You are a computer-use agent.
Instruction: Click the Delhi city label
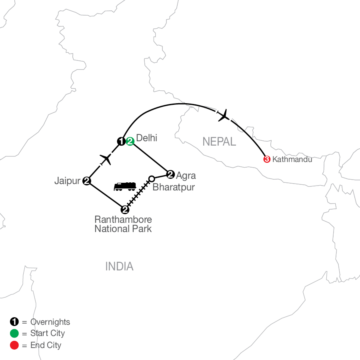click(x=146, y=138)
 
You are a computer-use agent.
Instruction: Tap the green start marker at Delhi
click(x=130, y=141)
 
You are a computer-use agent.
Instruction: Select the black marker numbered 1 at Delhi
click(x=121, y=141)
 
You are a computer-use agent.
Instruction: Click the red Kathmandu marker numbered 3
click(x=267, y=159)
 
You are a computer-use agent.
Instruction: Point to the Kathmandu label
click(x=292, y=159)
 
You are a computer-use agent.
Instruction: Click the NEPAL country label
click(x=219, y=142)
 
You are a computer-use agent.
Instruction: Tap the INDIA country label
click(x=119, y=266)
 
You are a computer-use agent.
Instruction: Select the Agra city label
click(x=186, y=176)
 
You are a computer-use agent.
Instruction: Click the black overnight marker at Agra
click(x=170, y=174)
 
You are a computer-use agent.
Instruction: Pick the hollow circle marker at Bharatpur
click(x=152, y=179)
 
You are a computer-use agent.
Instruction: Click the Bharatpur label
click(x=174, y=187)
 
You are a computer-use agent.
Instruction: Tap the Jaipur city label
click(x=67, y=181)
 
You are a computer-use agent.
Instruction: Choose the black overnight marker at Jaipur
click(x=87, y=181)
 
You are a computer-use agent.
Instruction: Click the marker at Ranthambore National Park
click(x=125, y=209)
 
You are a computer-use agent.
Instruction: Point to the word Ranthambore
click(x=123, y=220)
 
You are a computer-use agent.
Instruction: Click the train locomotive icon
click(x=125, y=186)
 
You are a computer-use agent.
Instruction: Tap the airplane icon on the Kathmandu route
click(x=223, y=115)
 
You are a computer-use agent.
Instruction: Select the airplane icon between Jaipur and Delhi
click(x=106, y=159)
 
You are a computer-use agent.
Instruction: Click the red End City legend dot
click(x=14, y=345)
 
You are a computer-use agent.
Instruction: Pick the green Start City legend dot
click(x=14, y=333)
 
